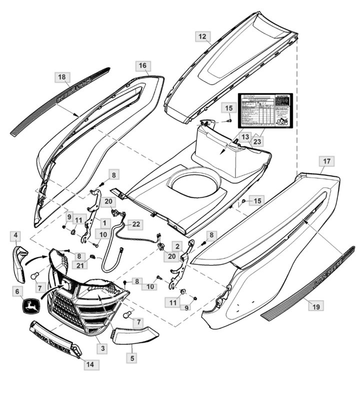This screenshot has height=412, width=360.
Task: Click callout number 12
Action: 202,37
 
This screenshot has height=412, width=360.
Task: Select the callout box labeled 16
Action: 142,66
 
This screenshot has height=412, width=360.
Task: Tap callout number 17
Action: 326,162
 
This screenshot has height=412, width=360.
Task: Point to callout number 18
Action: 61,77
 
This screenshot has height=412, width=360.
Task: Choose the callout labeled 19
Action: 315,305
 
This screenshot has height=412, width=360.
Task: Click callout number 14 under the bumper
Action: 89,364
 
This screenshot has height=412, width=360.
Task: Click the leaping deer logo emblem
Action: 31,306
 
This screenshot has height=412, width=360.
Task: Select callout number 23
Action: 257,142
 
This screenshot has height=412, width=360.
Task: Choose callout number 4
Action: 16,235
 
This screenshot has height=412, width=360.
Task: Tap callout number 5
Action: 132,358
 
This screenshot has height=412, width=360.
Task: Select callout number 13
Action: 245,137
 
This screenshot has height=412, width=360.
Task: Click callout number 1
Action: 105,222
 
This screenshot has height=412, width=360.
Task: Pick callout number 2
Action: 177,246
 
